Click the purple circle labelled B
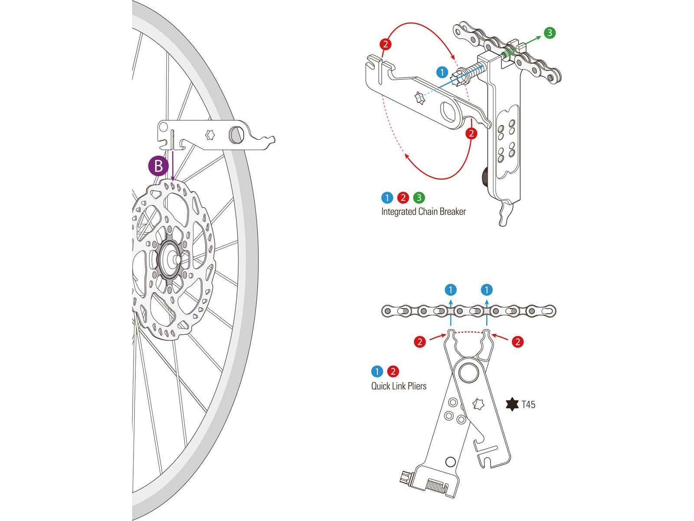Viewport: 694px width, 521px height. click(x=158, y=166)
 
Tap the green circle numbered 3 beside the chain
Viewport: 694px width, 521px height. click(x=550, y=33)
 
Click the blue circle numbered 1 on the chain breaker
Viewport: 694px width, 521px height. click(x=442, y=72)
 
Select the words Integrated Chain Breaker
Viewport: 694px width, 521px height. click(x=423, y=212)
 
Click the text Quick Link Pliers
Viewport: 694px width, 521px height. click(x=399, y=386)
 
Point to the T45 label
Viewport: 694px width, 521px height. click(x=528, y=405)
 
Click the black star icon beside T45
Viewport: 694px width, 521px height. click(x=512, y=404)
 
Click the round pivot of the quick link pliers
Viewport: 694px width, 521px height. click(x=469, y=372)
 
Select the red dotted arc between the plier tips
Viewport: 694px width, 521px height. click(x=468, y=332)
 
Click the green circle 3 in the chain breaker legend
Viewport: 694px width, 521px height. click(x=419, y=198)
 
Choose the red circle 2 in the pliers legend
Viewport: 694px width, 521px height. click(x=393, y=372)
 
